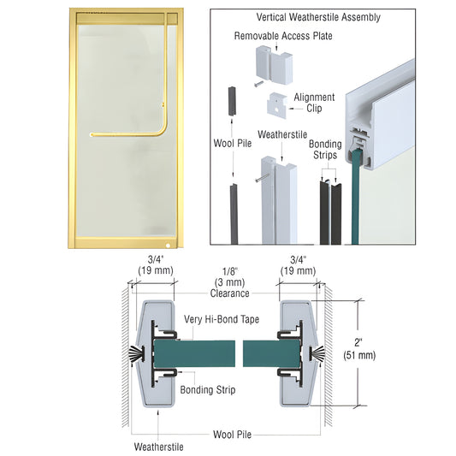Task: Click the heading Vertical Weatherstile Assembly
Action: pyautogui.click(x=318, y=17)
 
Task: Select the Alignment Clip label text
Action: pyautogui.click(x=313, y=103)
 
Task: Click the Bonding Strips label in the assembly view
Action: pyautogui.click(x=325, y=151)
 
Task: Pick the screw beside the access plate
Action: pyautogui.click(x=256, y=84)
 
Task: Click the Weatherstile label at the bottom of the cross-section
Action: pyautogui.click(x=157, y=446)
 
